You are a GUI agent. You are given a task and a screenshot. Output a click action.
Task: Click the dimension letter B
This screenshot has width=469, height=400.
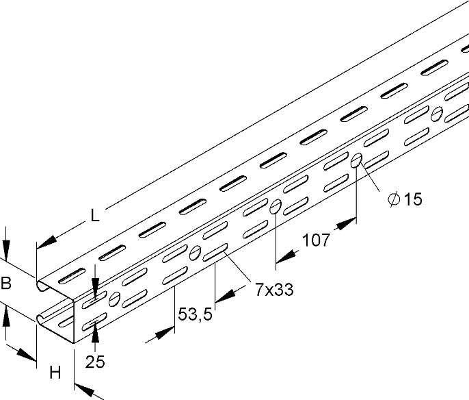coord(7,283)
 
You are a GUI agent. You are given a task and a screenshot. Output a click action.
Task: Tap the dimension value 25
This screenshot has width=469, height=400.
coord(96,362)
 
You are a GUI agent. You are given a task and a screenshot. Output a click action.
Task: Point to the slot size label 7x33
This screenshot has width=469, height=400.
coord(274,290)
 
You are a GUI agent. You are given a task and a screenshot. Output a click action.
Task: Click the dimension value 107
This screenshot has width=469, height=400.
coord(317,241)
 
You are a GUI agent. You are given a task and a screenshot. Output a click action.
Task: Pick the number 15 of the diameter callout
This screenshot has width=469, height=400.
coord(412,199)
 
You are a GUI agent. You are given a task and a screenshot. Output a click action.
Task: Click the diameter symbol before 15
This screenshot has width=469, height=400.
coord(393,199)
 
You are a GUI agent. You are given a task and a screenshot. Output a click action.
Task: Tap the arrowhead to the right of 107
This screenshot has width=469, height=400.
coord(348,223)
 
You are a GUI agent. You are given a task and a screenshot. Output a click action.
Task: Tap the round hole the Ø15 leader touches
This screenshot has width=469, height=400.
coord(357,161)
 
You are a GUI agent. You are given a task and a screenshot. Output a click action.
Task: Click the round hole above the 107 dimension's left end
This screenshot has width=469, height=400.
coord(276,206)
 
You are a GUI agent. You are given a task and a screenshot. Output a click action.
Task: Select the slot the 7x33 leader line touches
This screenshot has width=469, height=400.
coord(217,253)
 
